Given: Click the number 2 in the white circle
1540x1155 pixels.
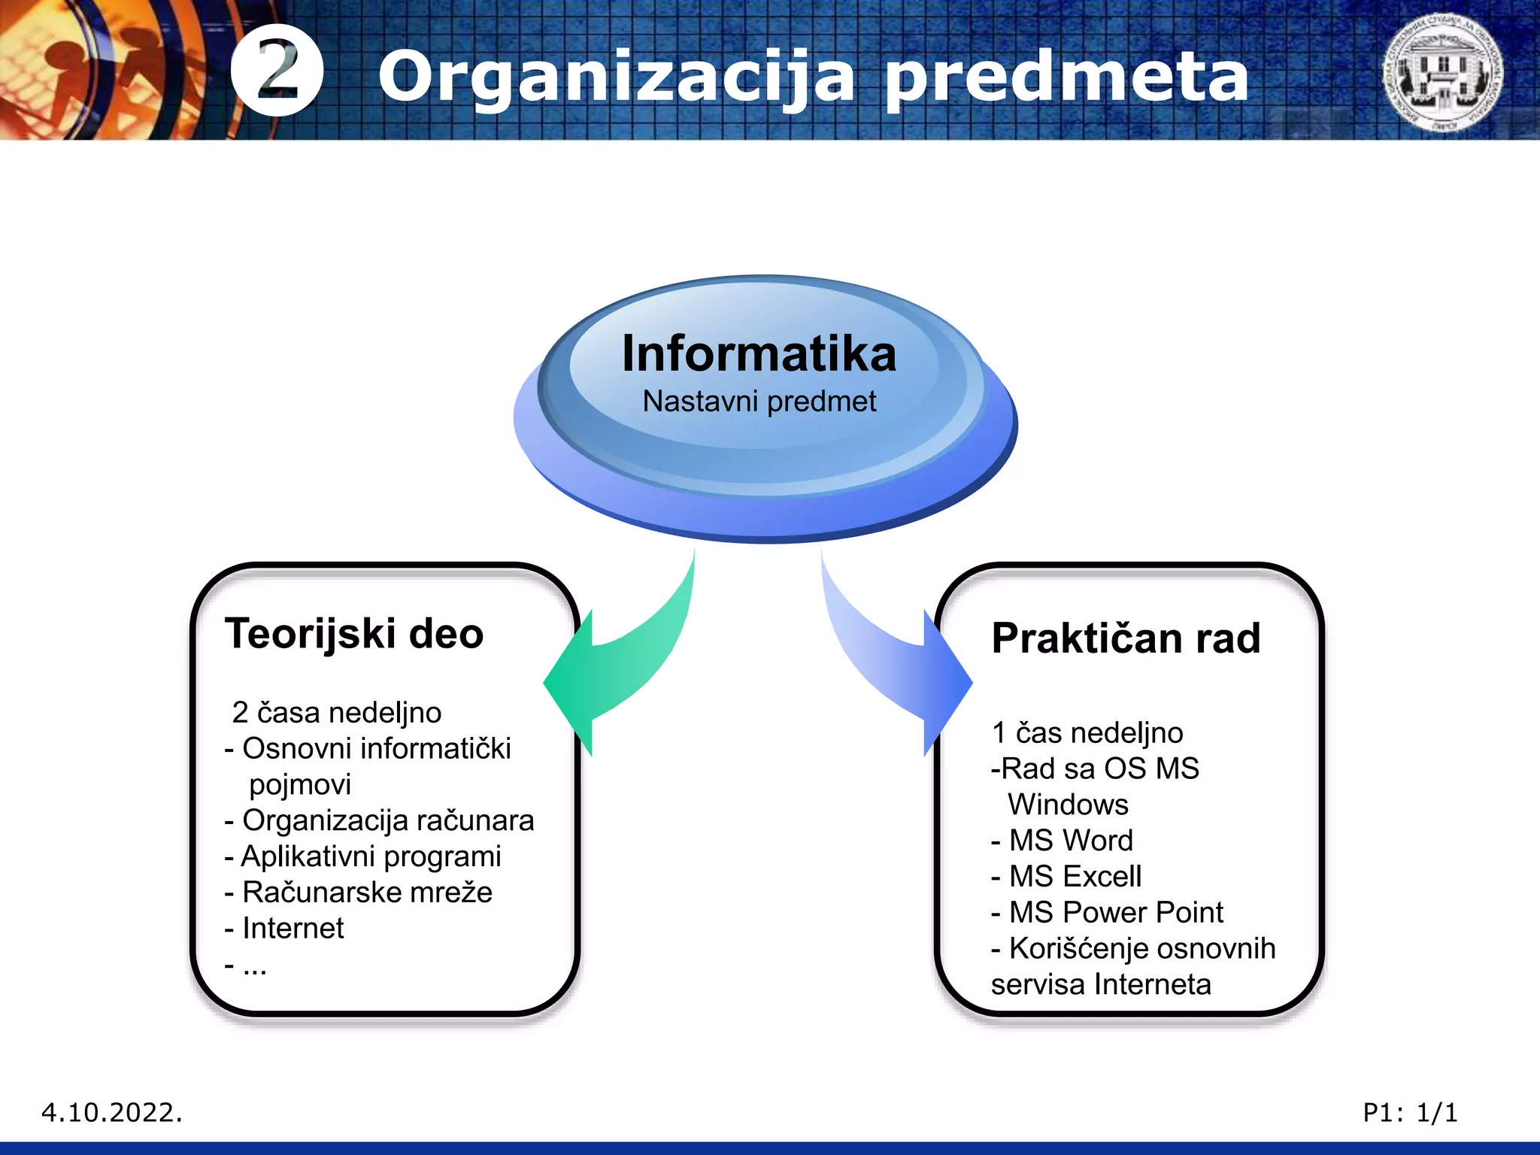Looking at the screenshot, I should (x=277, y=70).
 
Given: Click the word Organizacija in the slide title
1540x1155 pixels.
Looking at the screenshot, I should (x=617, y=77).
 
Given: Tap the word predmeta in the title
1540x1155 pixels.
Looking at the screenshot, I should (x=1066, y=77).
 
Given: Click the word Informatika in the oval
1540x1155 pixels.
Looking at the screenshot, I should (x=759, y=353).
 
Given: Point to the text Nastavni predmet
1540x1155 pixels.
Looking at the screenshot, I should (x=759, y=402).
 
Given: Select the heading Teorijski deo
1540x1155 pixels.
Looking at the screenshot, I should (x=354, y=633).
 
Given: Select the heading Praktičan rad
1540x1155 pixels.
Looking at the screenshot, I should (x=1126, y=638).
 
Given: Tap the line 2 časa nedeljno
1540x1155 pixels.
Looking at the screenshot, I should (x=337, y=713).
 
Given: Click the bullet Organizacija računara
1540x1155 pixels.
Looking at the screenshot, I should (x=380, y=820).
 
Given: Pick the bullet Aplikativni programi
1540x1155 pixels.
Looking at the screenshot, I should (x=364, y=856).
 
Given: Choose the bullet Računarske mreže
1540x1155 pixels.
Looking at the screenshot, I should (x=359, y=893).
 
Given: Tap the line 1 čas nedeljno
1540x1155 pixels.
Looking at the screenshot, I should (x=1087, y=733).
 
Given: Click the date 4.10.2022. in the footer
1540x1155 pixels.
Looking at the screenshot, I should (x=112, y=1112).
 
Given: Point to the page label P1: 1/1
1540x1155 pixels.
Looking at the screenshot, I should (x=1410, y=1112).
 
